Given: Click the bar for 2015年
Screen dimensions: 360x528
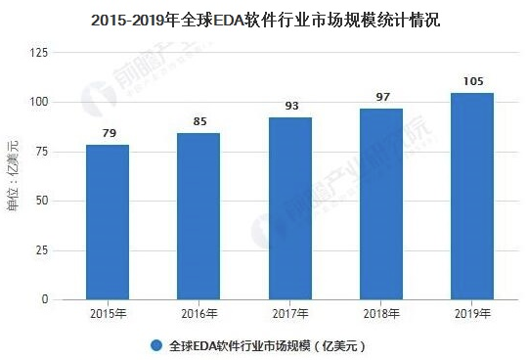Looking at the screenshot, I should point(108,222).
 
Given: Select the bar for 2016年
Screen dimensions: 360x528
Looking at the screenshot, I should point(198,216).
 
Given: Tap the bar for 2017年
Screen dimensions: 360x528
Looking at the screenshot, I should point(290,208).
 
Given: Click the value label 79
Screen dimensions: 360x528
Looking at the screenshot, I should point(108,133).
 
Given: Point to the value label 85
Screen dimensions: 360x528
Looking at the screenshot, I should point(198,121).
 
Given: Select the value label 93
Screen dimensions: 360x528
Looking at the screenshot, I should point(290,106).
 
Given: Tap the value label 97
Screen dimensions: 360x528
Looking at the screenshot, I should point(381,97).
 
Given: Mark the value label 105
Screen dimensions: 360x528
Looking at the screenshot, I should point(472,81).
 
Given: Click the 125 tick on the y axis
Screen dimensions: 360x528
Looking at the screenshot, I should point(41,52).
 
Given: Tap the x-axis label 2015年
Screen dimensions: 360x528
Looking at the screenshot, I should point(108,314).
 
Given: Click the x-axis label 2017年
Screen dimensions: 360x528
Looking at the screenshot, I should point(290,314).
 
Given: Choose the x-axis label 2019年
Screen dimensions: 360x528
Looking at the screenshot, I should point(472,314).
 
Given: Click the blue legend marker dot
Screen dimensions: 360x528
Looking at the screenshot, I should point(156,345).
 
